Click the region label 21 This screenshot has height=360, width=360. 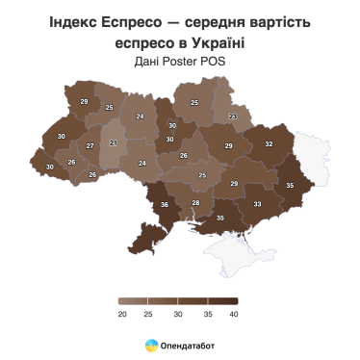tap(114, 143)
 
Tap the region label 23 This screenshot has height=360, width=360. tap(232, 116)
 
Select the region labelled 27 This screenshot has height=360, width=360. tap(90, 145)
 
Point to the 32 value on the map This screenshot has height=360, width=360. tap(270, 144)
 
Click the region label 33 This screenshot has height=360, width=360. tap(257, 204)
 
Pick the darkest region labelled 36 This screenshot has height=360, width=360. tap(165, 205)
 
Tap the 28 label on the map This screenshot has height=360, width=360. tap(195, 202)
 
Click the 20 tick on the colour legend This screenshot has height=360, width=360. tap(123, 314)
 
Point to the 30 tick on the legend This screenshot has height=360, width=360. tap(179, 314)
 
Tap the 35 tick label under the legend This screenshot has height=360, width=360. tap(207, 314)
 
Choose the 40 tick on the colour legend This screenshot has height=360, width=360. tap(234, 314)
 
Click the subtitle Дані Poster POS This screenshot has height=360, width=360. tap(180, 62)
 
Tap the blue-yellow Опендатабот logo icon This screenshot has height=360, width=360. tap(152, 345)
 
